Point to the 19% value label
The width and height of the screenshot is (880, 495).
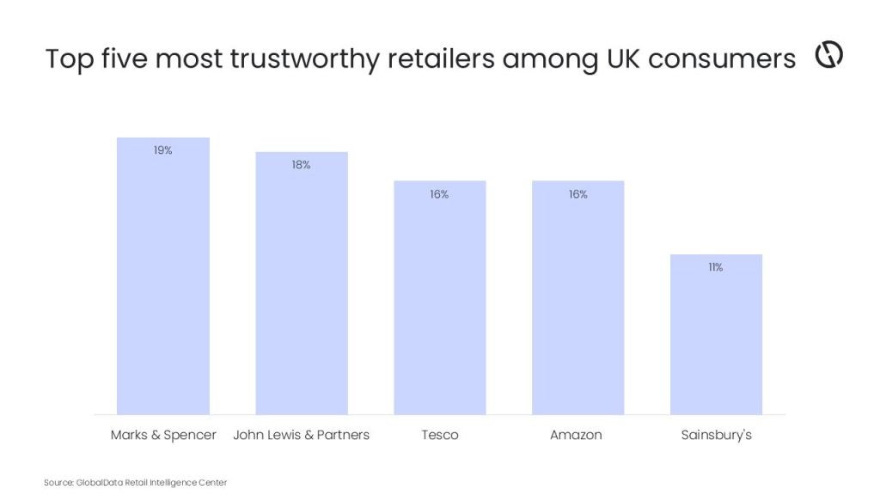pyautogui.click(x=163, y=150)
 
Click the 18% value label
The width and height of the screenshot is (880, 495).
pyautogui.click(x=301, y=165)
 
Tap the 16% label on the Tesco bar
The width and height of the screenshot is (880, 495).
pyautogui.click(x=439, y=194)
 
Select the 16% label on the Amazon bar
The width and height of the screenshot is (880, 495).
pyautogui.click(x=577, y=194)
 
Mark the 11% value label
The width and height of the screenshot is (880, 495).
pyautogui.click(x=715, y=267)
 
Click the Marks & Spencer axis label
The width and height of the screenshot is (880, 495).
pyautogui.click(x=163, y=435)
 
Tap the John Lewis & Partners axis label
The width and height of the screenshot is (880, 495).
pyautogui.click(x=302, y=435)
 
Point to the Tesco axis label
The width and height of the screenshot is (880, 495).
pyautogui.click(x=440, y=435)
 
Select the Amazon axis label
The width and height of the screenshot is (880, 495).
pyautogui.click(x=576, y=435)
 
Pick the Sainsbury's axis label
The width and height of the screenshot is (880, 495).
pyautogui.click(x=716, y=435)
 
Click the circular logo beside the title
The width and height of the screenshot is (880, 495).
pyautogui.click(x=828, y=54)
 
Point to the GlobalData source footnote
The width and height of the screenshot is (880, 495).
pyautogui.click(x=135, y=483)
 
